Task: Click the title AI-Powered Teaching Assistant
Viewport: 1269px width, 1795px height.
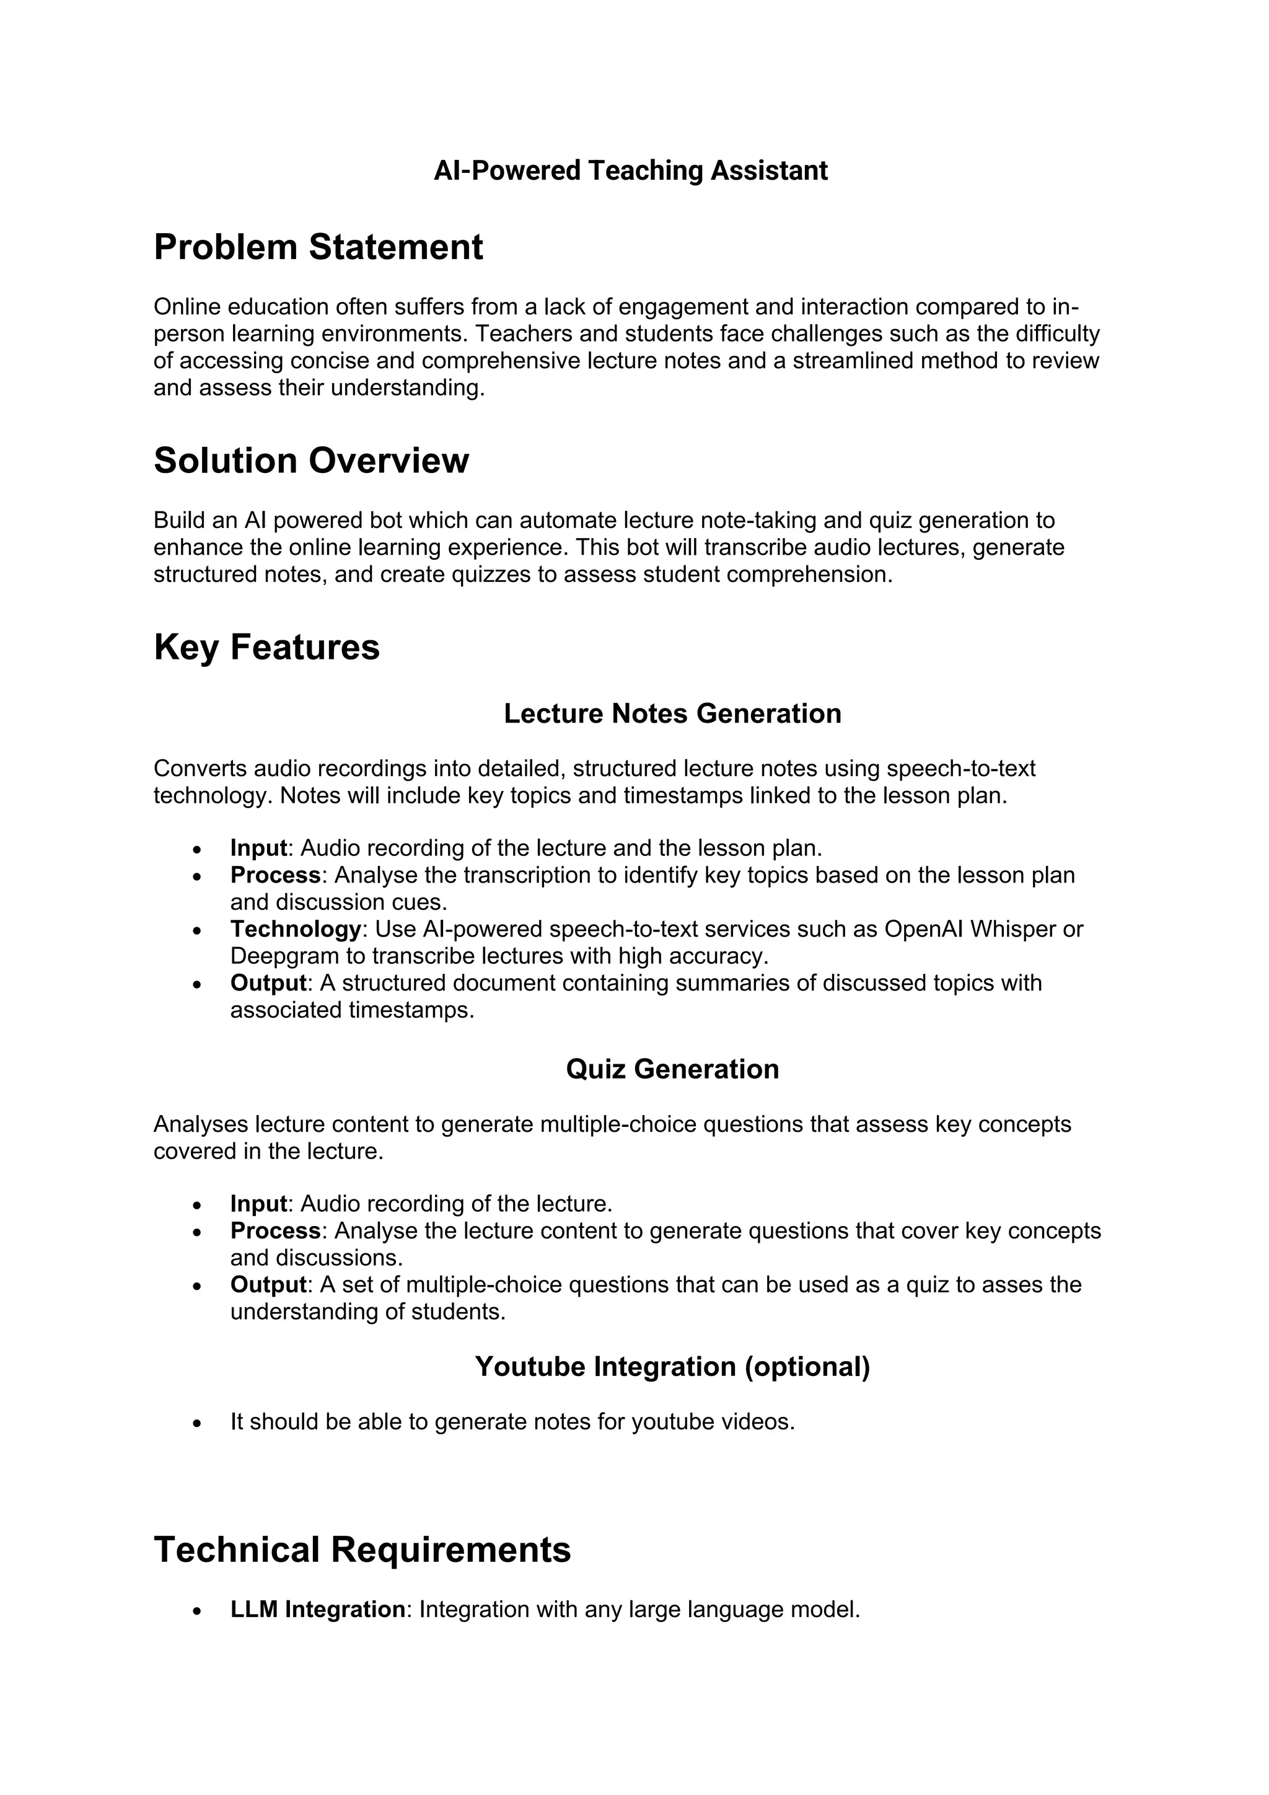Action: (x=631, y=170)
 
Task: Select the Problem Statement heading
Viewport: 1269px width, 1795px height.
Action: (x=318, y=247)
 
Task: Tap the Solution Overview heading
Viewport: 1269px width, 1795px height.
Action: (x=311, y=461)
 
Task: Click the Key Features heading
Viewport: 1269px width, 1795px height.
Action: (x=266, y=647)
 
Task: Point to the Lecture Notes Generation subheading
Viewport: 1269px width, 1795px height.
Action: (x=672, y=714)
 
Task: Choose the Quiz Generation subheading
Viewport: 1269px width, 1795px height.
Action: (x=672, y=1069)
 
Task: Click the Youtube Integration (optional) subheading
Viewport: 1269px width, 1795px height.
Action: (x=672, y=1367)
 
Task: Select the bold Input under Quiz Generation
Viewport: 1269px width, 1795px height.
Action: (x=258, y=1203)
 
